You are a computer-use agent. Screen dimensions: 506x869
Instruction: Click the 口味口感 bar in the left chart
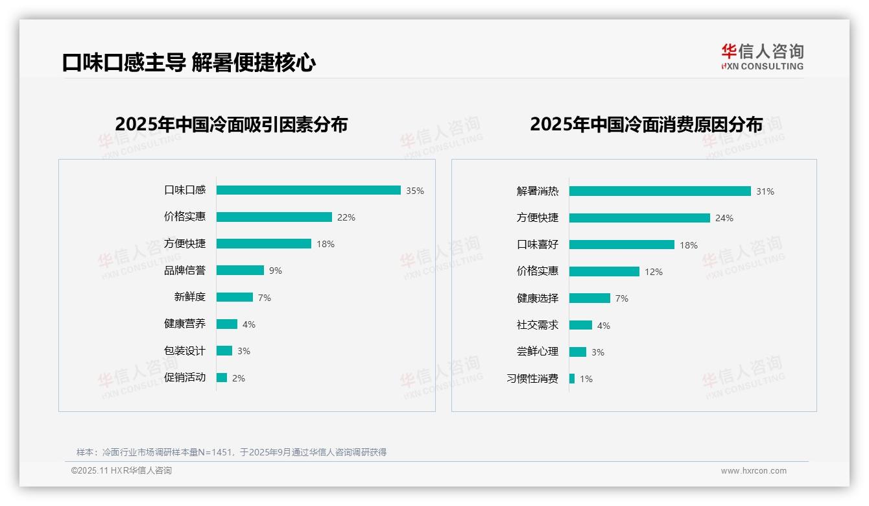(308, 190)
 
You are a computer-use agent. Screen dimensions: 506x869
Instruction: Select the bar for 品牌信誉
(240, 270)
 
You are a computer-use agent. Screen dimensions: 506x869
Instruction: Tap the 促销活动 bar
(222, 378)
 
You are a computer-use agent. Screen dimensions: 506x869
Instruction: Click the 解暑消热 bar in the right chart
(660, 191)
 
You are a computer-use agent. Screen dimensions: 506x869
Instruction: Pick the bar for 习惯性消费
(572, 378)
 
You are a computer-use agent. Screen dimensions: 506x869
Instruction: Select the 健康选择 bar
(589, 298)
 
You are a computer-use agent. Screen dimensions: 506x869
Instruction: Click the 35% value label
(415, 191)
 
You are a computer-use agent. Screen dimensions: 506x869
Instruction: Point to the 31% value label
(765, 191)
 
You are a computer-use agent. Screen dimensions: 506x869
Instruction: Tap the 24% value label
(724, 218)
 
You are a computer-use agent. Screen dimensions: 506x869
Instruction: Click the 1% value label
(586, 379)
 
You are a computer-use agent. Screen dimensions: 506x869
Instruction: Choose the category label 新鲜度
(189, 297)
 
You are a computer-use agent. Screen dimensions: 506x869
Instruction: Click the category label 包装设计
(184, 351)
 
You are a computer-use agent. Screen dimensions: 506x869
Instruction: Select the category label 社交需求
(537, 325)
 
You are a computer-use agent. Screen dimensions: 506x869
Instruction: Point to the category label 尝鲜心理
(537, 352)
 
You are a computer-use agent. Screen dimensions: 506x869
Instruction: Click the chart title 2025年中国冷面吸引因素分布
(232, 124)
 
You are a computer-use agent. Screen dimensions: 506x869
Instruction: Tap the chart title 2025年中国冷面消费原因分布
(646, 124)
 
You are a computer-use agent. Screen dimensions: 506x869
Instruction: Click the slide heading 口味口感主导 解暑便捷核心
(189, 63)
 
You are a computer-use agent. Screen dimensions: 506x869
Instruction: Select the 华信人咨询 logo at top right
(762, 56)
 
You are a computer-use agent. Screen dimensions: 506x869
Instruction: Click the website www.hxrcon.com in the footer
(754, 471)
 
